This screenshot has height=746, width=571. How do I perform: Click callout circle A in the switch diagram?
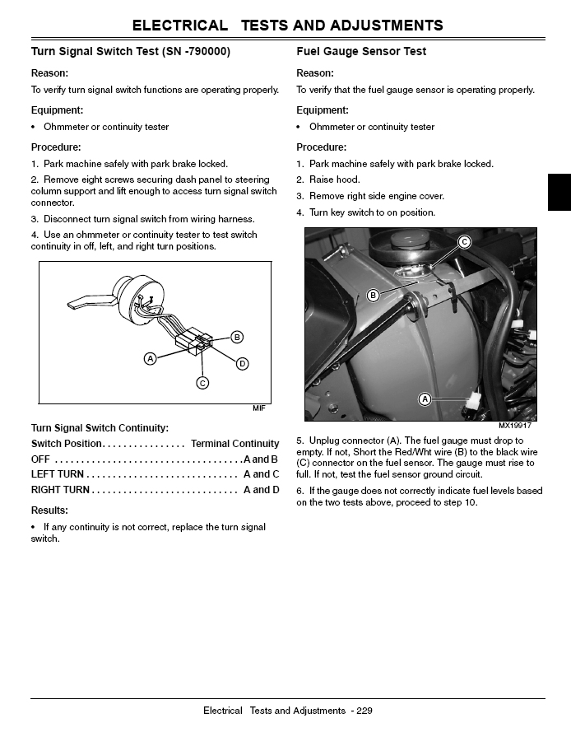150,358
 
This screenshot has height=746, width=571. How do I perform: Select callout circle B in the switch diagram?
237,337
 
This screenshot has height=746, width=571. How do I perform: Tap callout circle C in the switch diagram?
202,382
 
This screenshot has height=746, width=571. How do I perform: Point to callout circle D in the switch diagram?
242,363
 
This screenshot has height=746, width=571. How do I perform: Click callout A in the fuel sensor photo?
425,399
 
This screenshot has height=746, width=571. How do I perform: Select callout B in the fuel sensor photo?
373,295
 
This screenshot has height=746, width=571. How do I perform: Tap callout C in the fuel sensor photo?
464,241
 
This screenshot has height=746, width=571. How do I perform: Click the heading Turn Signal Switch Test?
131,52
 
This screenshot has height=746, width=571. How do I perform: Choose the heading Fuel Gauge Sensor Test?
361,52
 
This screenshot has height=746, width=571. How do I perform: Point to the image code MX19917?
515,426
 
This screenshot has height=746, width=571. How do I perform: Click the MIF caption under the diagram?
259,409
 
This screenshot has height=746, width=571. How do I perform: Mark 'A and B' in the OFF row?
261,459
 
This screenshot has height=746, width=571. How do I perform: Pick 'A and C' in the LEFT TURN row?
262,474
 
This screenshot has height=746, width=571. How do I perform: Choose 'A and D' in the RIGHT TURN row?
262,490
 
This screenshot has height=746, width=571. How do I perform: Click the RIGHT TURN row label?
60,490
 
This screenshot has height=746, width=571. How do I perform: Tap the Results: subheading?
49,510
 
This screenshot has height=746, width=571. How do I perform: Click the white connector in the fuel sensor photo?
471,404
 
